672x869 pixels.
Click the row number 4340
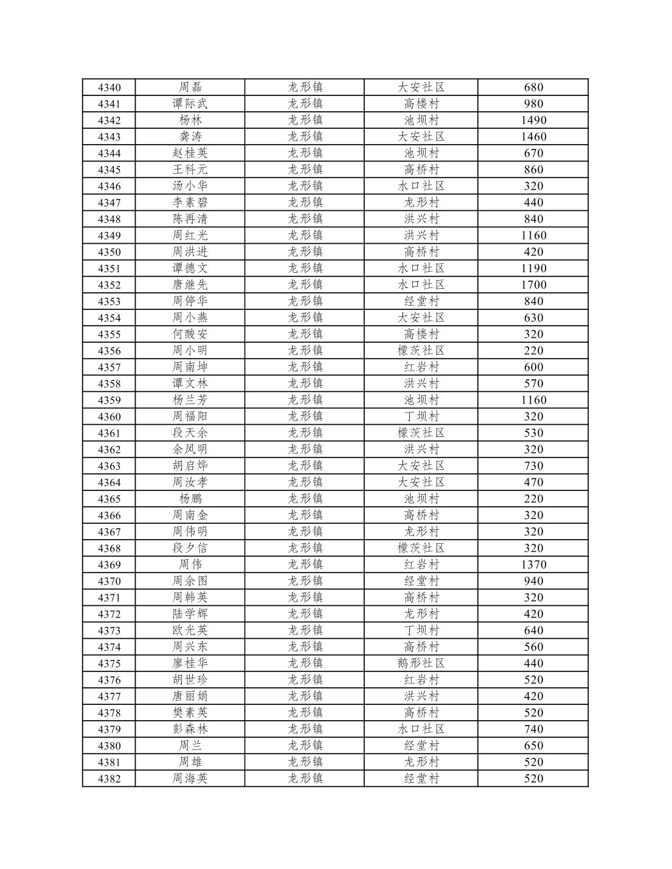[109, 88]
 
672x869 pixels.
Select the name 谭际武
[190, 104]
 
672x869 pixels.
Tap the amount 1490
[533, 120]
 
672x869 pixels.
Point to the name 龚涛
[190, 137]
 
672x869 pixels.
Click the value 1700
[533, 285]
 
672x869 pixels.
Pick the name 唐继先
[190, 285]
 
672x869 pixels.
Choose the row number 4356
[109, 351]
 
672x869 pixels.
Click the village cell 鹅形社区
[421, 663]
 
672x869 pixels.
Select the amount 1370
[533, 565]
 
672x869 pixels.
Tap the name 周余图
[190, 581]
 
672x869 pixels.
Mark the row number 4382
[109, 778]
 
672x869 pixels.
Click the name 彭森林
[190, 729]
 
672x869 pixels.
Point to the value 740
[533, 729]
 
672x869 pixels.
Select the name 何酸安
[190, 334]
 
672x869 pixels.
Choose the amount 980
[533, 104]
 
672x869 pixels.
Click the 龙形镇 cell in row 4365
[305, 499]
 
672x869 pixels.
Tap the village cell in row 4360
[421, 417]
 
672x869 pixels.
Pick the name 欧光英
[190, 630]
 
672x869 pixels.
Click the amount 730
[533, 466]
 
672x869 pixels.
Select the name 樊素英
[190, 713]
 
